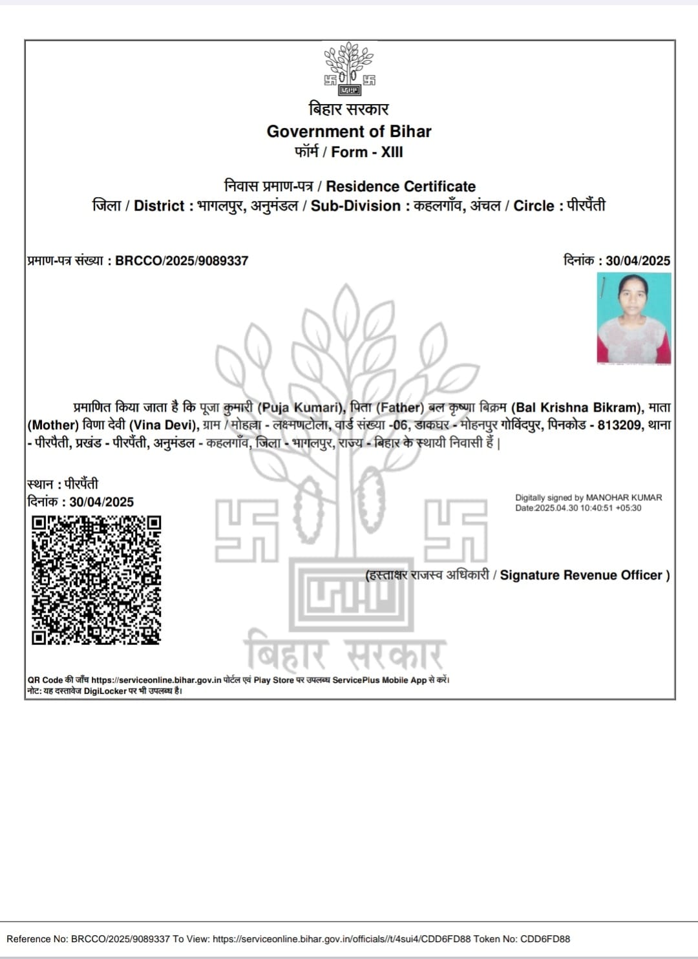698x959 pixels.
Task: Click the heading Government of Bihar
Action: pyautogui.click(x=349, y=131)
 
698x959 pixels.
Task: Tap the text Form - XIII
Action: pyautogui.click(x=367, y=153)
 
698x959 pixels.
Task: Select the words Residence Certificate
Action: pyautogui.click(x=401, y=187)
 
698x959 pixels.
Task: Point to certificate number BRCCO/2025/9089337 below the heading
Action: pyautogui.click(x=182, y=261)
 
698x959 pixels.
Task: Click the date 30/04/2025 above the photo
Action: pyautogui.click(x=638, y=260)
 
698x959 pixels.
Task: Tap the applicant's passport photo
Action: pyautogui.click(x=634, y=318)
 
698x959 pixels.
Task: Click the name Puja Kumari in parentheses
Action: pyautogui.click(x=299, y=408)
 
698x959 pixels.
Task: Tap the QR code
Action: pyautogui.click(x=96, y=580)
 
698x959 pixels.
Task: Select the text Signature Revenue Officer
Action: pyautogui.click(x=581, y=575)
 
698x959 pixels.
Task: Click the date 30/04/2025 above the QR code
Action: pyautogui.click(x=101, y=502)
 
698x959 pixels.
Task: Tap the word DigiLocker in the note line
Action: pyautogui.click(x=105, y=691)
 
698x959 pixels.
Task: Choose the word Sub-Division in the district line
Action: pyautogui.click(x=355, y=206)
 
